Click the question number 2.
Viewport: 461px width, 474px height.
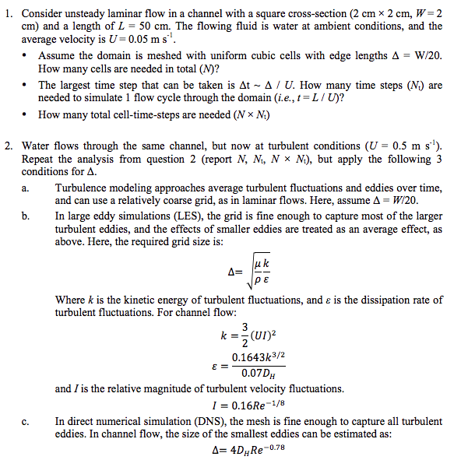click(x=7, y=146)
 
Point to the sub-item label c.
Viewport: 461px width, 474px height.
click(x=26, y=420)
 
